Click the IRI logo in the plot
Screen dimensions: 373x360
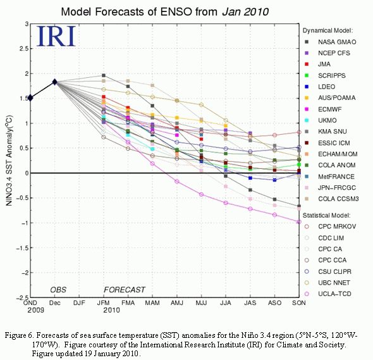point(56,36)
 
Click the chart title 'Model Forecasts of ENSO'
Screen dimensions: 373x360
point(126,11)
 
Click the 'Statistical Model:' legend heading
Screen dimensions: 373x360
point(326,216)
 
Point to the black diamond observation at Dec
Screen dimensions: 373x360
point(55,82)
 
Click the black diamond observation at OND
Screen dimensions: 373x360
point(30,97)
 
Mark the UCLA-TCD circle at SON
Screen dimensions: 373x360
point(299,221)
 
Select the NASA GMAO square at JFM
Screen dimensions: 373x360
point(104,75)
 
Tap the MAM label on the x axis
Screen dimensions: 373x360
point(152,303)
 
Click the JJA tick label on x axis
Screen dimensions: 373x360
point(226,303)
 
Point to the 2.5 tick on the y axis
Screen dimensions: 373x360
point(23,49)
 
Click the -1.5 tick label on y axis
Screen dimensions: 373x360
point(22,248)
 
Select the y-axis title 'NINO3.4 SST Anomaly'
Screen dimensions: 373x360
point(9,161)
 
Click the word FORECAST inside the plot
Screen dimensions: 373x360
point(125,290)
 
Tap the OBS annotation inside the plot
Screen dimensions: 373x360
point(58,290)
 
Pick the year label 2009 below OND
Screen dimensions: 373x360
point(35,310)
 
